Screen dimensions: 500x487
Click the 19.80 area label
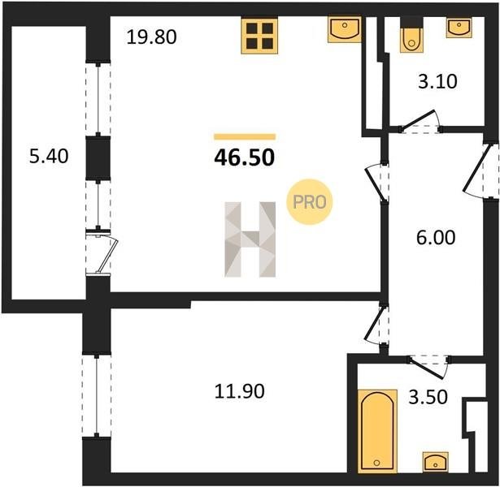click(x=151, y=37)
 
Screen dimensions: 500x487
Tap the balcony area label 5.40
click(x=49, y=157)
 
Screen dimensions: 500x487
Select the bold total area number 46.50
click(x=244, y=158)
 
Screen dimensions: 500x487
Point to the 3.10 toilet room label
click(x=438, y=81)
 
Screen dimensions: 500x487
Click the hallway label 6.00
click(x=436, y=238)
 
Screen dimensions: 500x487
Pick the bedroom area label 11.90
click(x=240, y=391)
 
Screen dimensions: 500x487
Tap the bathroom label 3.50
click(x=428, y=397)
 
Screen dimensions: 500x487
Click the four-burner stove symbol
click(x=259, y=35)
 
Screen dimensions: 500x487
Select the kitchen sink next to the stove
click(x=345, y=29)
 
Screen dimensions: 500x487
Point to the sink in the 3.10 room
click(x=459, y=28)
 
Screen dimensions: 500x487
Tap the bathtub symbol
click(x=377, y=431)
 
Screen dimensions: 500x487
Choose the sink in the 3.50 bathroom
click(x=436, y=461)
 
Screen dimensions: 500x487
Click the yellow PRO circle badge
click(x=309, y=202)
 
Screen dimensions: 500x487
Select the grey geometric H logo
click(x=250, y=239)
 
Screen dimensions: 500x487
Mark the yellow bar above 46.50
click(x=245, y=137)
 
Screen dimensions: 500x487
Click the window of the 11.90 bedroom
click(x=96, y=395)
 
